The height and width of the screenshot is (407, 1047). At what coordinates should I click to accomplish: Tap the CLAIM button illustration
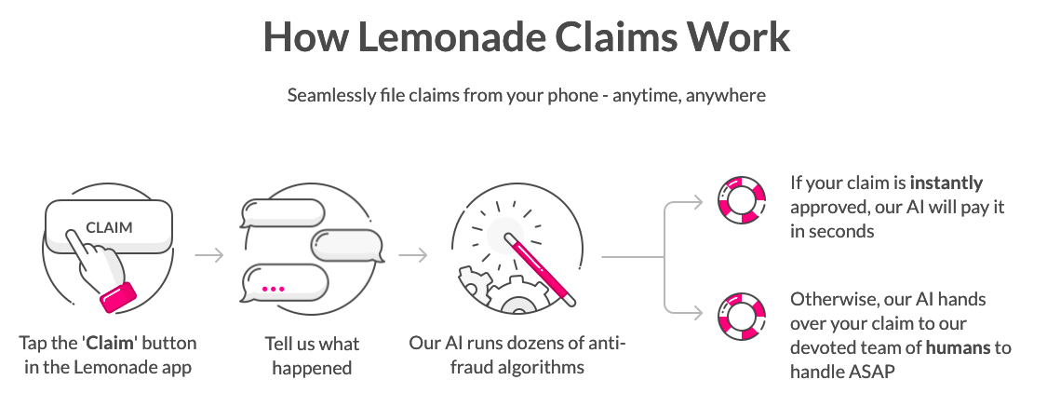pos(109,226)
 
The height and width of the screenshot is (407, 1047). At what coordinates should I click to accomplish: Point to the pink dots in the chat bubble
pos(272,289)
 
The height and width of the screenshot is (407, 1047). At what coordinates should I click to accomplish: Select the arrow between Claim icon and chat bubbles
pos(210,254)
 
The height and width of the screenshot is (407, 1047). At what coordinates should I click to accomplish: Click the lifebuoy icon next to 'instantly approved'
pos(741,198)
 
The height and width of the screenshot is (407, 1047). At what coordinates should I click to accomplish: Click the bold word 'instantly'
pos(946,183)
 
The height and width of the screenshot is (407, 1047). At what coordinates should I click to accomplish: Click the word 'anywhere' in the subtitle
pos(726,96)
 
